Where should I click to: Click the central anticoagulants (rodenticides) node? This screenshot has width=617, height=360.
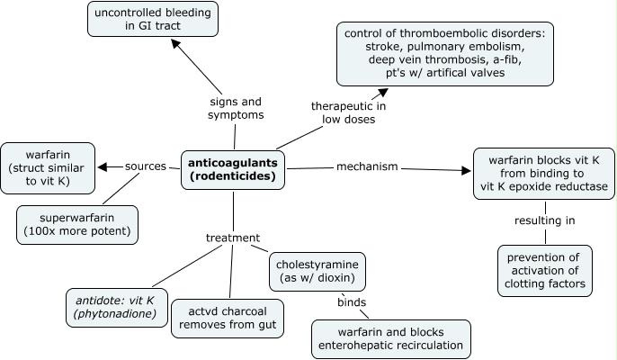tap(233, 169)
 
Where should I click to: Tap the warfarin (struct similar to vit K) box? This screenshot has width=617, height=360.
tap(48, 167)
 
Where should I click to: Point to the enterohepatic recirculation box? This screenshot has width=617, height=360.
tap(391, 336)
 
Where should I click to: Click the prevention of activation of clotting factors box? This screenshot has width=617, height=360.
tap(545, 270)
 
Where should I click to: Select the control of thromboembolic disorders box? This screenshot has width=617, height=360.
tap(444, 54)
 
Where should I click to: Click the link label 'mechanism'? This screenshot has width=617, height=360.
tap(367, 166)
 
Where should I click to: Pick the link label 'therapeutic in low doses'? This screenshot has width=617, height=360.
tap(344, 112)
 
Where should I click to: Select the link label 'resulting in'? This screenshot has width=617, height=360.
tap(544, 220)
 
